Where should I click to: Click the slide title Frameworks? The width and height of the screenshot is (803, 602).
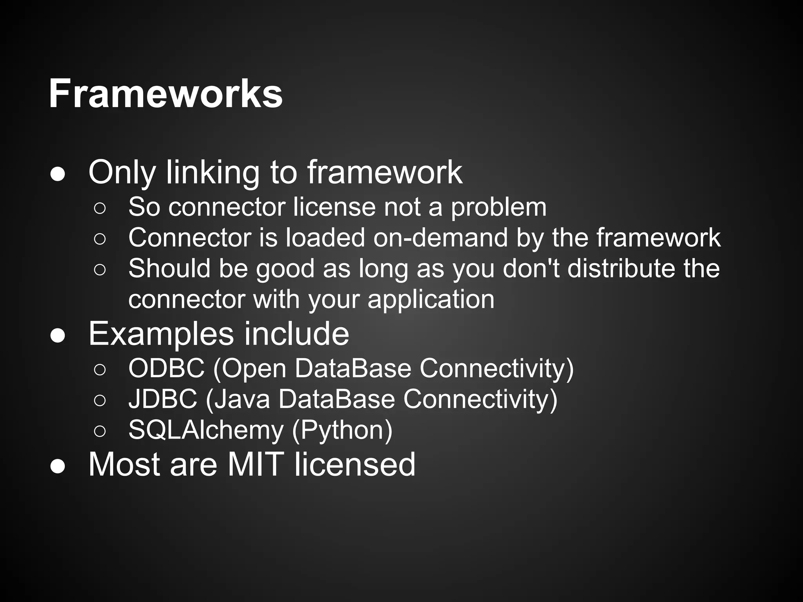(x=165, y=94)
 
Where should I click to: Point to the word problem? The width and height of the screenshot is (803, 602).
(x=498, y=208)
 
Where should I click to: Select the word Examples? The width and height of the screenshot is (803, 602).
(x=161, y=334)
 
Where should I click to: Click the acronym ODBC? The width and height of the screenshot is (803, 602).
(x=166, y=368)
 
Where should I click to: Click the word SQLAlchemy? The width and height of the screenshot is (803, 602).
(x=205, y=430)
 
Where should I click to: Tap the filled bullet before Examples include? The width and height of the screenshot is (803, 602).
(x=58, y=336)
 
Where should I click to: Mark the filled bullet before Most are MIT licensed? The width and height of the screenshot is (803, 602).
(x=58, y=467)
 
